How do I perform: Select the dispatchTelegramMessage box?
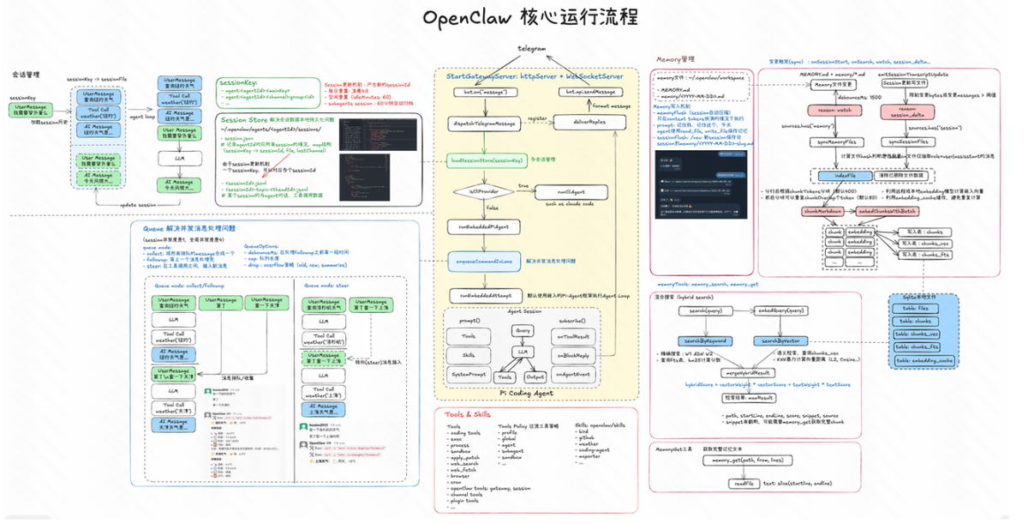pyautogui.click(x=482, y=123)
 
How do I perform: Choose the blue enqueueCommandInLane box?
pyautogui.click(x=482, y=259)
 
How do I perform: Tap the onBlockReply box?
pyautogui.click(x=573, y=355)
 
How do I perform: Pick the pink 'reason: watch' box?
pyautogui.click(x=828, y=111)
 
